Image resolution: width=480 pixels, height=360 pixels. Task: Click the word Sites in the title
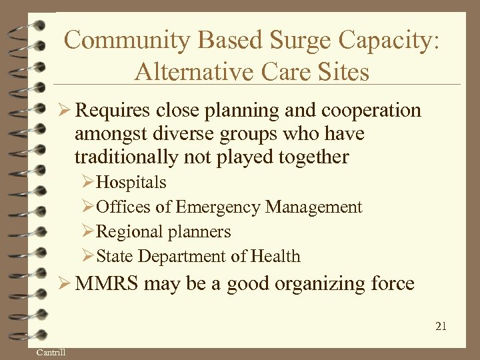tap(339, 71)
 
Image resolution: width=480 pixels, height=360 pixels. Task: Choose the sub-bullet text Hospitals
tap(131, 183)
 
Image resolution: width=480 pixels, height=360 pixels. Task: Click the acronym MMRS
tap(108, 284)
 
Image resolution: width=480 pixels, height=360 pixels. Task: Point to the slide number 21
tap(440, 326)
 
